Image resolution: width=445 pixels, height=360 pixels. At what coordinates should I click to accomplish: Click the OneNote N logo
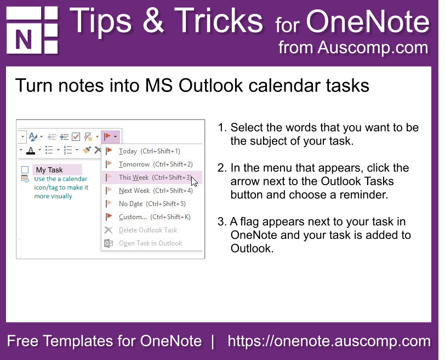coord(32,30)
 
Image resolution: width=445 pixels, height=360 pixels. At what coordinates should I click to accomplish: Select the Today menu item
coord(149,151)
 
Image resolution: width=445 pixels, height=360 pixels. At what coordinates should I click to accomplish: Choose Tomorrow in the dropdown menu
coord(156,164)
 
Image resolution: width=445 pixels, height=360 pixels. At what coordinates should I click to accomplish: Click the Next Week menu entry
coord(156,191)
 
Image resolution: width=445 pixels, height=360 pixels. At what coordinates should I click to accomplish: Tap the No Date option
coord(152,204)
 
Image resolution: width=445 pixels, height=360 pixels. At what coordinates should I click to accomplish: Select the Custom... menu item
coord(155,217)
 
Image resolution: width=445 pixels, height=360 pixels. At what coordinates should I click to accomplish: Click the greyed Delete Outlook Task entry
coord(148,230)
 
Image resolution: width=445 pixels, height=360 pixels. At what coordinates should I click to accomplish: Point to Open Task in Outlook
coord(150,243)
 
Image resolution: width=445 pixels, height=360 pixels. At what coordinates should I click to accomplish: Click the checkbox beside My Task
coord(25,170)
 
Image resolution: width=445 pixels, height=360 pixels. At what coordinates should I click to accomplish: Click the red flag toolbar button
coord(107,137)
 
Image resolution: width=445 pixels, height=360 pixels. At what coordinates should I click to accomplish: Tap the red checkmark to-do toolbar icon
coord(76,137)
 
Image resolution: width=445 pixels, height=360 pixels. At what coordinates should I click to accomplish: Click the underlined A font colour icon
coord(31,150)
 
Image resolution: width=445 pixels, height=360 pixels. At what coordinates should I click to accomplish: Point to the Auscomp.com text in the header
coord(373,47)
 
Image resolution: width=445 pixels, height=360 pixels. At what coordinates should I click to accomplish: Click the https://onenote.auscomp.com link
coord(329,341)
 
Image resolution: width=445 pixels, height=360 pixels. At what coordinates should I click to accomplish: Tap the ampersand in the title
coord(153,20)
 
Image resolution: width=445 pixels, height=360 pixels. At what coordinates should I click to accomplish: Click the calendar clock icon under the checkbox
coord(25,179)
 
